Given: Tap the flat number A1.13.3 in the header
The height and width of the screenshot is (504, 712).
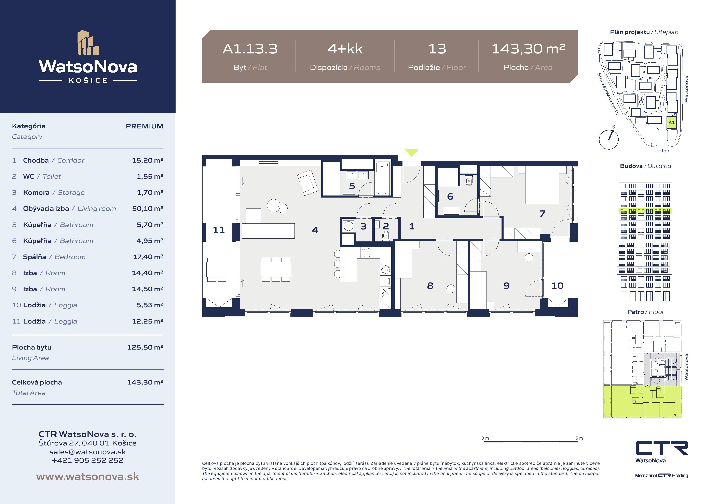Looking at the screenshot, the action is click(x=250, y=49).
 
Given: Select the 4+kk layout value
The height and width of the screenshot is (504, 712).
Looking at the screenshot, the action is click(x=345, y=49).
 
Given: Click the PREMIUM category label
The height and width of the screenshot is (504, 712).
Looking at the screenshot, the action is click(x=145, y=126).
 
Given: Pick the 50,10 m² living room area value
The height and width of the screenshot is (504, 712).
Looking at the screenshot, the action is click(x=148, y=208).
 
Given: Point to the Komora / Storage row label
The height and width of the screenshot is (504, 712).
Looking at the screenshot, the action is click(x=54, y=192).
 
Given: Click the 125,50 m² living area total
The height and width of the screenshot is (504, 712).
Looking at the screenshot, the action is click(x=145, y=347).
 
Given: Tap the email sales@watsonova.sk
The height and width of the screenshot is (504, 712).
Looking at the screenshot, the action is click(x=88, y=452).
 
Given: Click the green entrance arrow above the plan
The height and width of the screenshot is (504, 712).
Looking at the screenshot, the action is click(x=411, y=152).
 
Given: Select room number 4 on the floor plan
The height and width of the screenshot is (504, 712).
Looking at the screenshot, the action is click(x=315, y=230).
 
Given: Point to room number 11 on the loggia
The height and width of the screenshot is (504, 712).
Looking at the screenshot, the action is click(x=219, y=230).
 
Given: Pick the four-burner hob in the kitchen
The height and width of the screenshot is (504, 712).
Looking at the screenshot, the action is click(x=366, y=253).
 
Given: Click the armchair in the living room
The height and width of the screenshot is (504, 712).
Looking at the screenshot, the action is click(x=308, y=182).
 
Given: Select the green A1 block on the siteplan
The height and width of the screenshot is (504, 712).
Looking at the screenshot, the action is click(x=671, y=123).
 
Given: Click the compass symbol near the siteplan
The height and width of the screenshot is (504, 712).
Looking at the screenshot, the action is click(x=608, y=139).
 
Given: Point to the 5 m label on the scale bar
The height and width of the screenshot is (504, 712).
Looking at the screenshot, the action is click(x=579, y=438).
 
